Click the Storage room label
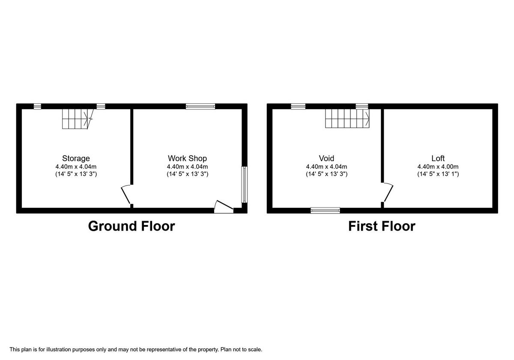pos(76,159)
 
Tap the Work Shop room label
pos(187,159)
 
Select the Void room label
pos(326,159)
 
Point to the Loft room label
pos(438,159)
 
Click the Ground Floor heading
pos(131,226)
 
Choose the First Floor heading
pos(382,226)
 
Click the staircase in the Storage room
pos(77,118)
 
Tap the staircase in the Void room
pos(347,118)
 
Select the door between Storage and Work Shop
pos(126,195)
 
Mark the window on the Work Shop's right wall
pos(244,184)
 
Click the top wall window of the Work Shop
pos(200,106)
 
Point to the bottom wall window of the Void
pos(325,210)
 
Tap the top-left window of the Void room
pos(298,106)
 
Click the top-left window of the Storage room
pos(37,106)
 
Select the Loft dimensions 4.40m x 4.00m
pos(438,167)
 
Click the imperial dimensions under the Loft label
pos(438,174)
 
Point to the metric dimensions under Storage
pos(76,167)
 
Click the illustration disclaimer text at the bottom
pos(136,350)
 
